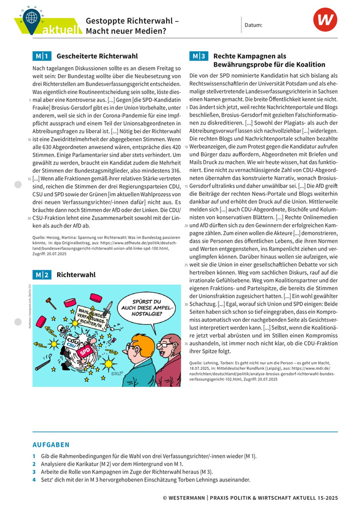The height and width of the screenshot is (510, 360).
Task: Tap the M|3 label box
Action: point(198,56)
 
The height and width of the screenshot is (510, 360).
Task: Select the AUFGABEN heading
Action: point(51,444)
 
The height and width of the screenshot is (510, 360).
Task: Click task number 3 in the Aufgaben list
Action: point(34,471)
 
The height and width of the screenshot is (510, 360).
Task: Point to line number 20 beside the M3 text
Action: point(186,226)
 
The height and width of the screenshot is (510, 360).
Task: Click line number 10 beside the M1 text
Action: point(29,140)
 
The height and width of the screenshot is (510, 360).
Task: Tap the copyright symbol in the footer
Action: point(165,497)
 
